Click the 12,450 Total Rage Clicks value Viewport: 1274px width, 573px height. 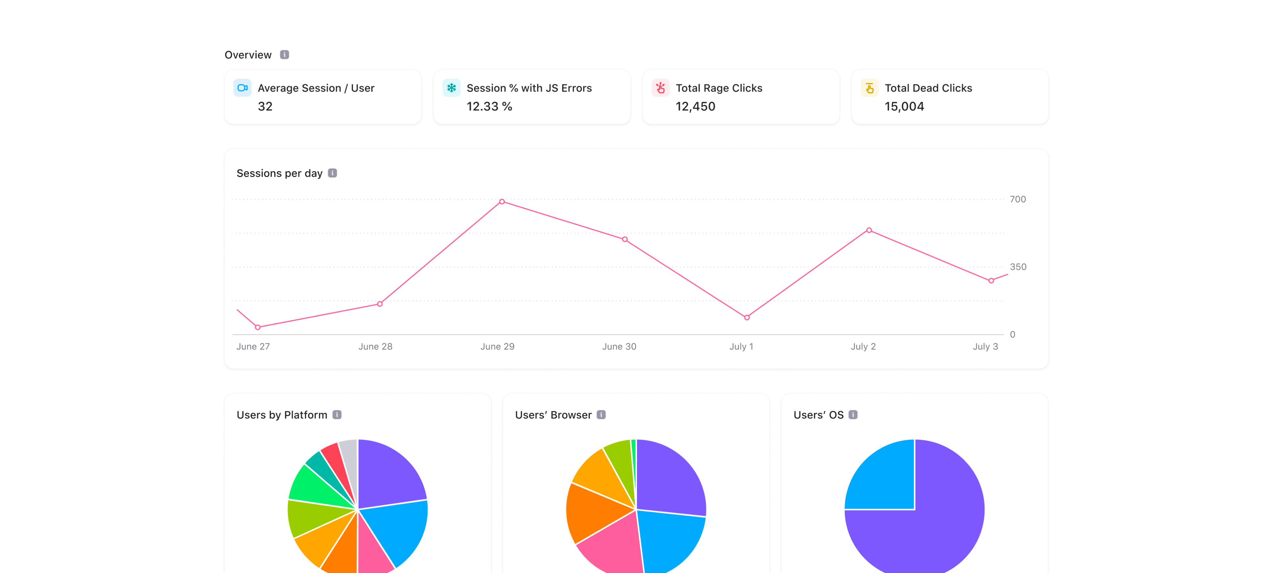tap(695, 107)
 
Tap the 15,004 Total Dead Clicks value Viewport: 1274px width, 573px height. tap(904, 107)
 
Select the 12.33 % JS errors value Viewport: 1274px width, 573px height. tap(489, 107)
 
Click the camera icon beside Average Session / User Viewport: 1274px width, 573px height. tap(242, 88)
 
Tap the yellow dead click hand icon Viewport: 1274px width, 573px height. tap(869, 88)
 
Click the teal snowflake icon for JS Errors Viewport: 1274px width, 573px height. tap(451, 88)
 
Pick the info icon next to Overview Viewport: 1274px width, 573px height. tap(285, 54)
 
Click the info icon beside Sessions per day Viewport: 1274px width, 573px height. tap(332, 173)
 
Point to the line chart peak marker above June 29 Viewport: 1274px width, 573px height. tap(502, 201)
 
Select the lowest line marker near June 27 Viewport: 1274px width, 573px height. tap(258, 327)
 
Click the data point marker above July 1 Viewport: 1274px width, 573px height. tap(747, 318)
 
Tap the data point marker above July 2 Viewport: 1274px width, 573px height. tap(869, 230)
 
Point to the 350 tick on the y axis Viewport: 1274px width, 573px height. tap(1018, 267)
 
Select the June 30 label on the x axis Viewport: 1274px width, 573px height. tap(619, 346)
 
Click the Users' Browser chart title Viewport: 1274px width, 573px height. tap(553, 415)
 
